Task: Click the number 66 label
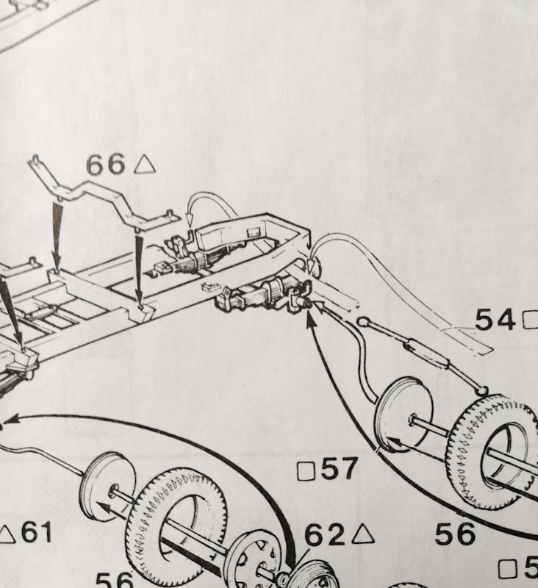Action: (106, 164)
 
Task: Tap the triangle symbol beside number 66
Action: (145, 164)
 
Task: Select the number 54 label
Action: (496, 320)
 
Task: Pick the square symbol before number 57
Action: (304, 470)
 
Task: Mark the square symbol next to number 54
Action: (530, 320)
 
